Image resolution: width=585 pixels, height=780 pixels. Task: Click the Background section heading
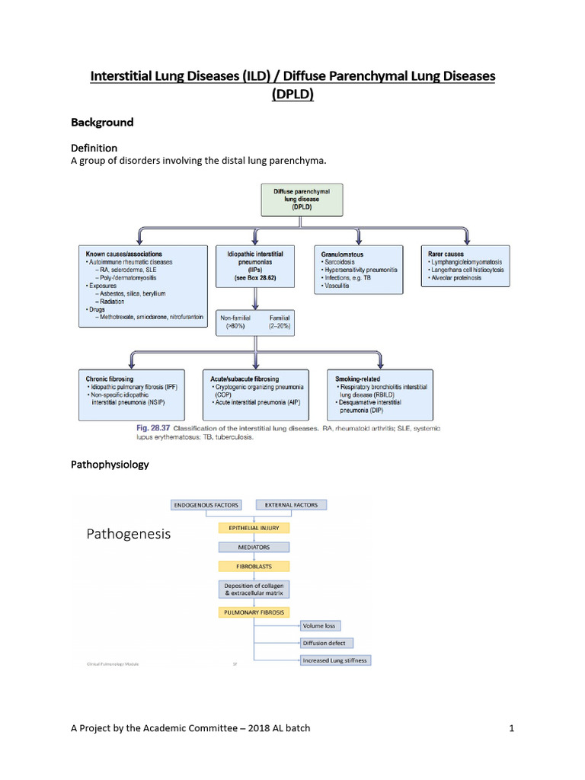pos(102,122)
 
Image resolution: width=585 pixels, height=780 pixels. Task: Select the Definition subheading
pos(94,147)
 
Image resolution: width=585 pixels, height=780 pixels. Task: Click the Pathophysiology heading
pos(110,464)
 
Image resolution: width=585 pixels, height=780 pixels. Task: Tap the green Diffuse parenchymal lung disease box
pos(302,201)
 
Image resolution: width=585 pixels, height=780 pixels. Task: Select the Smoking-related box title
pos(358,379)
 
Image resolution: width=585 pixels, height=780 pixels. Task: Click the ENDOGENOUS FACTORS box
pos(206,505)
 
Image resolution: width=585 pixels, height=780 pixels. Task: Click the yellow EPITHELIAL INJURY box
pos(254,526)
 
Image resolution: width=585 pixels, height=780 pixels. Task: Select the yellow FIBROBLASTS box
pos(253,567)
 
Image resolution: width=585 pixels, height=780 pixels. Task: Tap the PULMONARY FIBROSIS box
pos(253,612)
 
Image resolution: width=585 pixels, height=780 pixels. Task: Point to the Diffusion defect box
pos(324,643)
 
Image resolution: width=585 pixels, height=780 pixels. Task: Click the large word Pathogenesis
pos(128,535)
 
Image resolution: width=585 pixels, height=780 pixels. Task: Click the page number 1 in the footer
pos(513,728)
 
